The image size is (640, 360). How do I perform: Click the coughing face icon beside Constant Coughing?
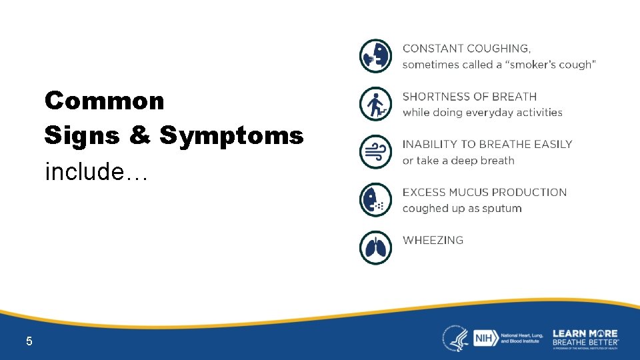376,56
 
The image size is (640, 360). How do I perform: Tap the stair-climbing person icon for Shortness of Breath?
376,104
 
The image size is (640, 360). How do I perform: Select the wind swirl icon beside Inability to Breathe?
376,152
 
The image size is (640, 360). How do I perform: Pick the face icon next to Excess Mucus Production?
376,200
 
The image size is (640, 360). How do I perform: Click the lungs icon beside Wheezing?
376,248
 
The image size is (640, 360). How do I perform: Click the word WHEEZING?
433,240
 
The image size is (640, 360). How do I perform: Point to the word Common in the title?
104,101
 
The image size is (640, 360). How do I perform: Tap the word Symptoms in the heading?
231,136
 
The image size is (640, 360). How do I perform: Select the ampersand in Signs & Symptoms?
140,136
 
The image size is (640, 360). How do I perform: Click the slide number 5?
29,341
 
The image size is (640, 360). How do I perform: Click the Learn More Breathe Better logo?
585,338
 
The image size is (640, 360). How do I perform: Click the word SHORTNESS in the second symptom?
434,97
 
